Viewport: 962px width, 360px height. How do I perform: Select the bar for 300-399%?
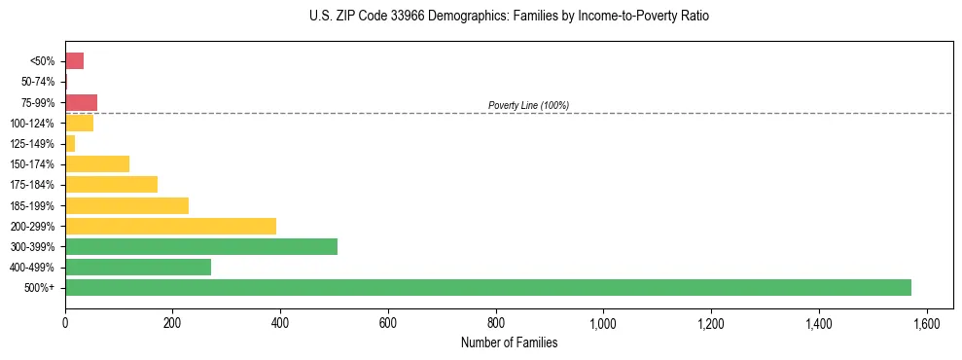coord(201,246)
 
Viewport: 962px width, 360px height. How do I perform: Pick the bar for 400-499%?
coord(138,267)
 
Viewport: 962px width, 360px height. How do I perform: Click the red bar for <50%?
coord(75,61)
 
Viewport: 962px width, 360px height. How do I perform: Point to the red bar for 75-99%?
coord(82,102)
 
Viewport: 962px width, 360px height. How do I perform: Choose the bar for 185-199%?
coord(126,205)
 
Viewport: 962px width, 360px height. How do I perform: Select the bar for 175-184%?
coord(111,184)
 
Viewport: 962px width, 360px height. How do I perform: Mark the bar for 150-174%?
coord(97,163)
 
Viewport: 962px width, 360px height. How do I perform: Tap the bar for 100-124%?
coord(80,123)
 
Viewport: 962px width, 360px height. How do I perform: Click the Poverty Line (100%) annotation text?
coord(528,105)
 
